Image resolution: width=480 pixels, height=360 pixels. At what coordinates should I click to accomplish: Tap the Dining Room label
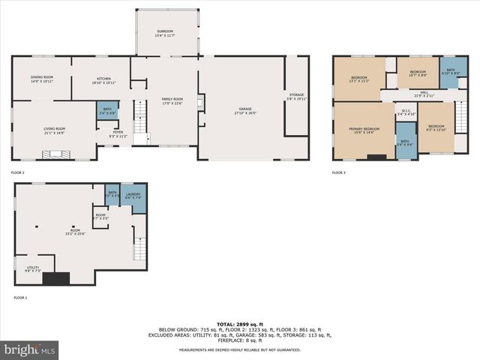[x=42, y=79]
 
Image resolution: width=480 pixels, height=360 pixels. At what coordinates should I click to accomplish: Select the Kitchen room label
[x=103, y=79]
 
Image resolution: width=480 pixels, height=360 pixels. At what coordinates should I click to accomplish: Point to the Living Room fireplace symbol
[x=53, y=156]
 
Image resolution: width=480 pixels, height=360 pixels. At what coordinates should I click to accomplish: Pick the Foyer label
[x=118, y=135]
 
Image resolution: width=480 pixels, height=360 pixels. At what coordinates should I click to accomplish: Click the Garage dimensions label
[x=245, y=114]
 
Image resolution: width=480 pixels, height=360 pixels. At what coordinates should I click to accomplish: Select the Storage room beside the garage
[x=297, y=96]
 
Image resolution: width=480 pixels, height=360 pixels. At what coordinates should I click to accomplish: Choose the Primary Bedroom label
[x=364, y=131]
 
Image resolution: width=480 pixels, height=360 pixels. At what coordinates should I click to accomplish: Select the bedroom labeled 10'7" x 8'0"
[x=416, y=73]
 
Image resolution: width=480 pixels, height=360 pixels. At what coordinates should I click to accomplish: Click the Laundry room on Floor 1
[x=133, y=196]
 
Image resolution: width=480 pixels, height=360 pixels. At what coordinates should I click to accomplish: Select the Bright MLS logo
[x=30, y=349]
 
